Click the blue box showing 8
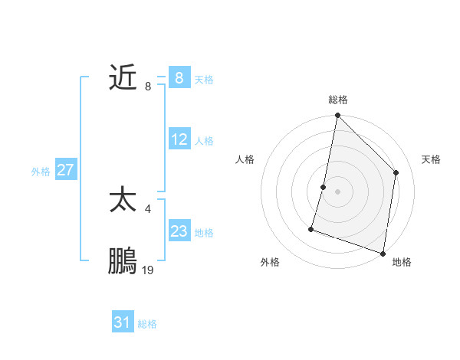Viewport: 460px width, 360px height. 179,77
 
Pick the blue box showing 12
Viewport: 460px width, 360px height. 179,139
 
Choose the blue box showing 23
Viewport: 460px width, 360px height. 179,231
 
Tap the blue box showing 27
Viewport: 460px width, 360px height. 65,170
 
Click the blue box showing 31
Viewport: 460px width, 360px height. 123,322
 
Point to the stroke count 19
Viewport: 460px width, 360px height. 148,270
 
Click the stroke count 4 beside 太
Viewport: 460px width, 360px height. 147,208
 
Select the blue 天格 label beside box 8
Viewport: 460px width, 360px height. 204,79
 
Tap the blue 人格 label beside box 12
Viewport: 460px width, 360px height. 204,141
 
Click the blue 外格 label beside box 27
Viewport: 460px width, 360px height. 41,172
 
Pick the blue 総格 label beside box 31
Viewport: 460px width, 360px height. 147,324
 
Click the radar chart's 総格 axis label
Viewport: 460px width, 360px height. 337,100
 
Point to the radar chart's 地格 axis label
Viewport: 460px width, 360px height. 402,262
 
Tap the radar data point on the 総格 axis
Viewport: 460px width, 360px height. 337,116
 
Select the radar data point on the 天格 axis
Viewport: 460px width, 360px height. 396,172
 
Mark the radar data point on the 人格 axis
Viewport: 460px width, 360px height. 324,187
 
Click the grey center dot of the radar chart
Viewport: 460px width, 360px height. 337,191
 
